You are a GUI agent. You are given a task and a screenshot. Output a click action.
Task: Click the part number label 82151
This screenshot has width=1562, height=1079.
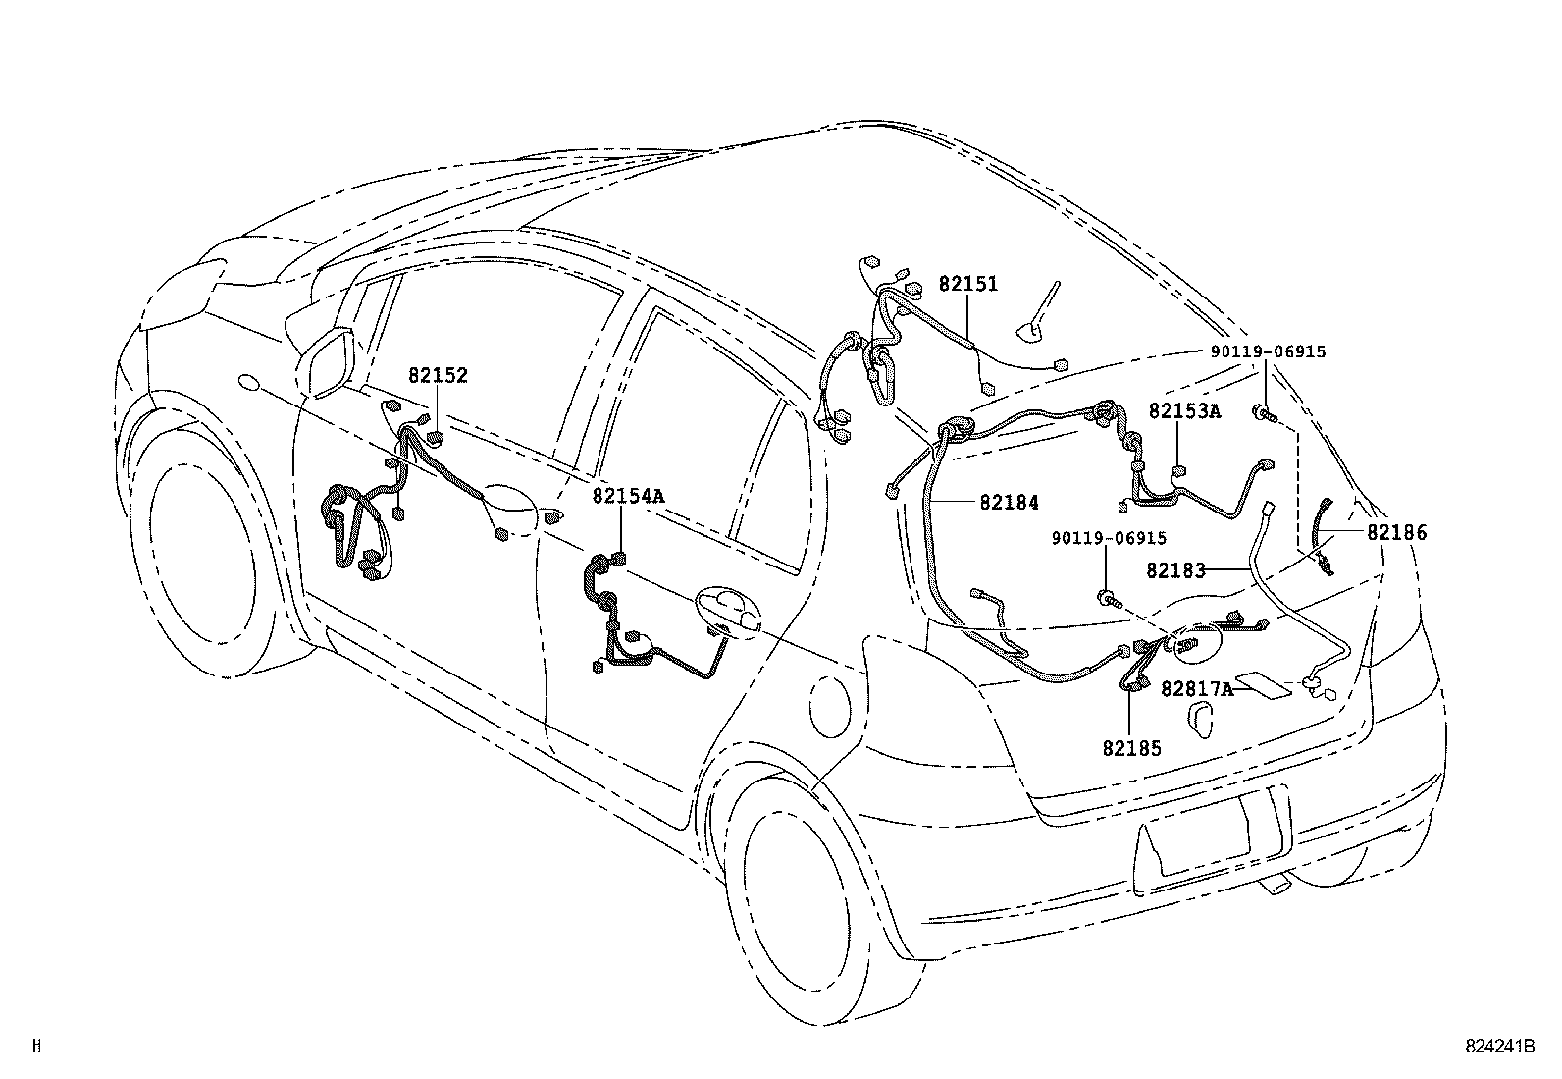[967, 284]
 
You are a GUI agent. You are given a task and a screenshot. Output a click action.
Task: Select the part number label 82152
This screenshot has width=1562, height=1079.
[438, 375]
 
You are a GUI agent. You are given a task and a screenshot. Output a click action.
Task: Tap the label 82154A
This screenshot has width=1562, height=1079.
[627, 496]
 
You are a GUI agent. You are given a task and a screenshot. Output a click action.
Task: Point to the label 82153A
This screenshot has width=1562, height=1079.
[1184, 411]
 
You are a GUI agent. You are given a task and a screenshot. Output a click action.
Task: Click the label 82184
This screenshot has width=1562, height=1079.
[1009, 502]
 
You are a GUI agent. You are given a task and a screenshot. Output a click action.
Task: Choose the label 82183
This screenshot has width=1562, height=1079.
[1174, 569]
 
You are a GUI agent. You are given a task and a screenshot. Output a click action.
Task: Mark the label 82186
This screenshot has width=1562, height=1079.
[1397, 533]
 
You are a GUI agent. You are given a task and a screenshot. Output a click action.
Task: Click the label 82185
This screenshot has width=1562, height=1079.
[1131, 748]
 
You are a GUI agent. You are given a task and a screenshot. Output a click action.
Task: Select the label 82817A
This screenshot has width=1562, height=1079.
[1196, 689]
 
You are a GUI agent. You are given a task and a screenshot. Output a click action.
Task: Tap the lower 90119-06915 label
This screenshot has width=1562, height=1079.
[1108, 538]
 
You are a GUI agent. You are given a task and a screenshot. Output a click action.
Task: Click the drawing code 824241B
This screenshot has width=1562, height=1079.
[1499, 1047]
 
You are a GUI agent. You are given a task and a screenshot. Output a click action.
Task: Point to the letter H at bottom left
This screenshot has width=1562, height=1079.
[36, 1047]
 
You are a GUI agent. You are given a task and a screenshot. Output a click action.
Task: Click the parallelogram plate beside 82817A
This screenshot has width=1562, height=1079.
[1267, 686]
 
